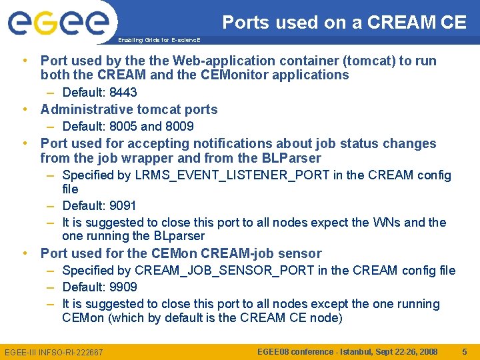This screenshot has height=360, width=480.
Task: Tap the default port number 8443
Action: (x=123, y=92)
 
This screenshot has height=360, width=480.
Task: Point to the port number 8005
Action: (x=123, y=126)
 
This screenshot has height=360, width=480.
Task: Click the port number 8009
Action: (x=179, y=126)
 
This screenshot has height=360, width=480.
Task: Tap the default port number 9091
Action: (x=123, y=205)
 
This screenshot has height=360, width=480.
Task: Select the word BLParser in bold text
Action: (x=291, y=158)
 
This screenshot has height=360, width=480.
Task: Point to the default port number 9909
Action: (x=123, y=287)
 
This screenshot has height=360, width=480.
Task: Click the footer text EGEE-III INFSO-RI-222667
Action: (x=54, y=352)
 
